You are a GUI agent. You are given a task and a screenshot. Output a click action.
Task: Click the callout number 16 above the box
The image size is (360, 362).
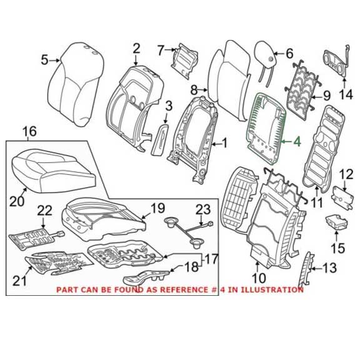[x=29, y=131]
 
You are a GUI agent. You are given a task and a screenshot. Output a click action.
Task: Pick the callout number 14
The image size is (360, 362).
[x=346, y=95]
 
